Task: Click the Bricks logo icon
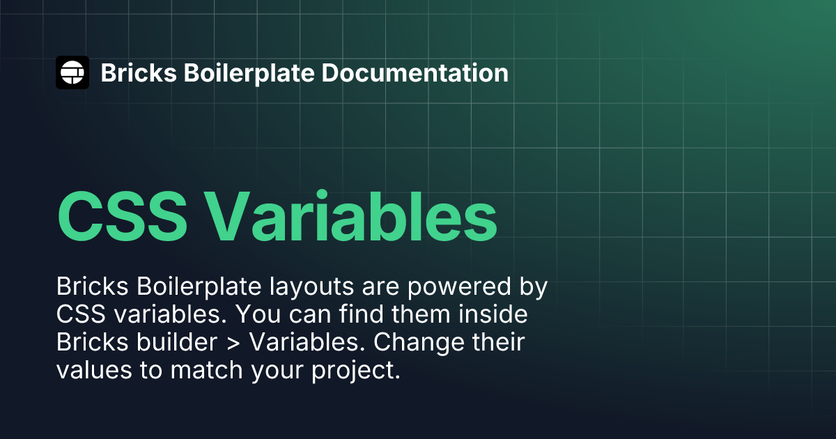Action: click(72, 72)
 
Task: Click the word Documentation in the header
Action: click(415, 72)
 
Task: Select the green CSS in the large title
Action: click(122, 217)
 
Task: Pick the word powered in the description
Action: click(459, 287)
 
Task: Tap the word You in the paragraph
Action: click(258, 314)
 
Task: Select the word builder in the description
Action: click(176, 341)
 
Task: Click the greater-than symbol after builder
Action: click(233, 343)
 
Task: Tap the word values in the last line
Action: click(94, 369)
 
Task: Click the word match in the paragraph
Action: click(206, 369)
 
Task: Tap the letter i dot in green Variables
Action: click(321, 194)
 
